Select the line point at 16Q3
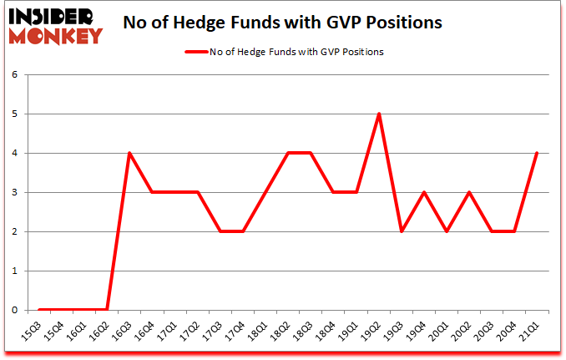[129, 153]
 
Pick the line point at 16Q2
[107, 310]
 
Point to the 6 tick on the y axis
[14, 74]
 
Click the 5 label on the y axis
[14, 114]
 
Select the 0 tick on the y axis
[14, 310]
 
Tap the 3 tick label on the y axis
[14, 192]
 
